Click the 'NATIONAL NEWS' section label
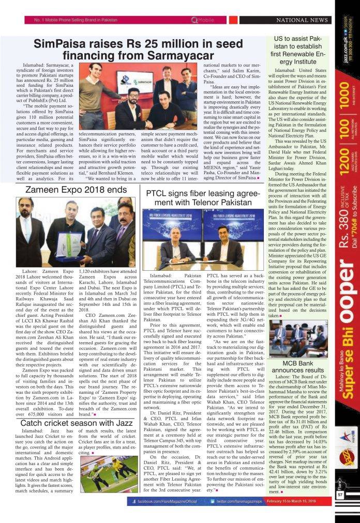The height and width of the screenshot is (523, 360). pyautogui.click(x=305, y=20)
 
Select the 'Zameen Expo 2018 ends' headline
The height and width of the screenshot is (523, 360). pyautogui.click(x=77, y=190)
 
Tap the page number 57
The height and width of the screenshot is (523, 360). pyautogui.click(x=340, y=509)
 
